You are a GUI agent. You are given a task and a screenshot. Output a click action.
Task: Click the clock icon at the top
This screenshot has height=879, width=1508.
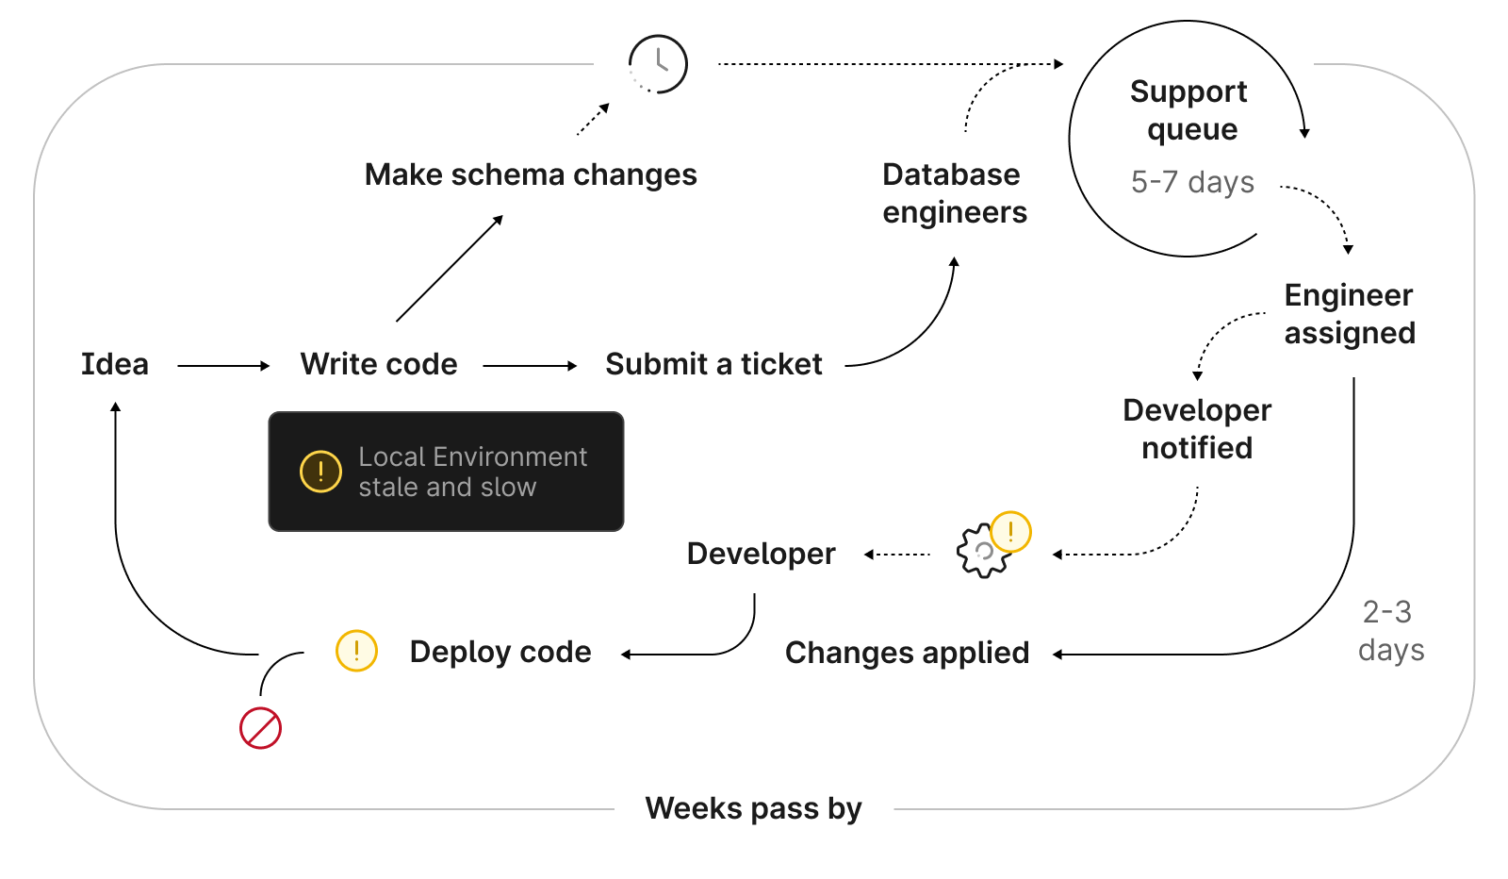coord(658,64)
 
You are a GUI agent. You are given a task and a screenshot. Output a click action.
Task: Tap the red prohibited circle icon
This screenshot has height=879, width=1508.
coord(260,728)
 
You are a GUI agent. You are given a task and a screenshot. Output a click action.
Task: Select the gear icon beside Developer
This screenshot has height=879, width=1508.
coord(982,551)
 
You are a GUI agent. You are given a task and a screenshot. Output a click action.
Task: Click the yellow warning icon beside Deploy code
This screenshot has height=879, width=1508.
coord(356,651)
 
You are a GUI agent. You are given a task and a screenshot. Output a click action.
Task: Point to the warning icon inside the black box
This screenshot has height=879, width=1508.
coord(320,471)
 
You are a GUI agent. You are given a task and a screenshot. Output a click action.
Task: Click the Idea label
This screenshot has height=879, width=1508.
coord(114,364)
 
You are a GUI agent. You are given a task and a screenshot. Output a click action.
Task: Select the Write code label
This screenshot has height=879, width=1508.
coord(379,364)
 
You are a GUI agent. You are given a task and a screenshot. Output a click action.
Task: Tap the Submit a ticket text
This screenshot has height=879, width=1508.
coord(713,364)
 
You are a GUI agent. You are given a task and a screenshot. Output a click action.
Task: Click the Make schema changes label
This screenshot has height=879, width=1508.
coord(531,174)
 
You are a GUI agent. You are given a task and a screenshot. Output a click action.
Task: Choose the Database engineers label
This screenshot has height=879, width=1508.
coord(954,193)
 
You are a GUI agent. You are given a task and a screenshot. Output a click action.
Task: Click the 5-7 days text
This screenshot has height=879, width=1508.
coord(1192,181)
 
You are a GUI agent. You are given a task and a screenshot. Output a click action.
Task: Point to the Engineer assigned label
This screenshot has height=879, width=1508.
coord(1349,314)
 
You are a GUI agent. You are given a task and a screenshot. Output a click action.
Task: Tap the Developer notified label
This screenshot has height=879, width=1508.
coord(1197,429)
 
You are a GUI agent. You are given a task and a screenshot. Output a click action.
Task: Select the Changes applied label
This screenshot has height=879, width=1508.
coord(907,653)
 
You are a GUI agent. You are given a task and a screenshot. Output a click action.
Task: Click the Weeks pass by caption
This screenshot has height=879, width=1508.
coord(753,808)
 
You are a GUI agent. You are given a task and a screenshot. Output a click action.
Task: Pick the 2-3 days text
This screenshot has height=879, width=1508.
coord(1390,631)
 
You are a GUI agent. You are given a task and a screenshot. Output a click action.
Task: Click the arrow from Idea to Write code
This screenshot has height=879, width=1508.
coord(223,366)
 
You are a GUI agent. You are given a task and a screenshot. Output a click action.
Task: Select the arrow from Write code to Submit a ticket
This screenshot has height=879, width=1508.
coord(530,366)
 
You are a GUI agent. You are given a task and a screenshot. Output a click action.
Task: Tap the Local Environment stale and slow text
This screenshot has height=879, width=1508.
coord(472,472)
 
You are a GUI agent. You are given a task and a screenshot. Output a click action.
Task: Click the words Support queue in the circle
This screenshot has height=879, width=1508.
coord(1189,110)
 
